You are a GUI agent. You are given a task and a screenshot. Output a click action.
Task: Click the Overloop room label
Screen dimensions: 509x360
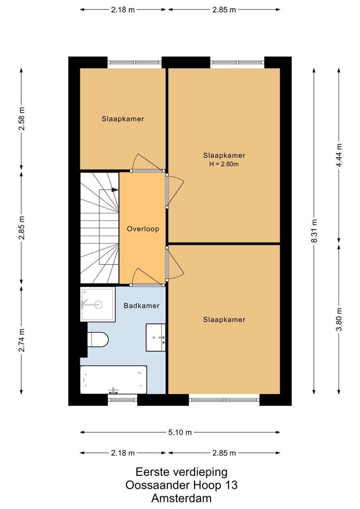[x=143, y=229]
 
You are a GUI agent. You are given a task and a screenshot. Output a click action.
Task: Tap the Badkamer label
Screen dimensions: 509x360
[x=141, y=305]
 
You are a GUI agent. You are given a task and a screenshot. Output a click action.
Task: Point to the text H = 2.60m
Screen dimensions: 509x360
[x=224, y=164]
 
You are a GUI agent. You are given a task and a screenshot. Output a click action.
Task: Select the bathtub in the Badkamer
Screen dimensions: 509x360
[x=113, y=379]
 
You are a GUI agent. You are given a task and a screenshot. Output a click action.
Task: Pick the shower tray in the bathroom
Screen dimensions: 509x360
[x=98, y=304]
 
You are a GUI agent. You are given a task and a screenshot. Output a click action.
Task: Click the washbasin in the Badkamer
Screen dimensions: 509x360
[x=156, y=337]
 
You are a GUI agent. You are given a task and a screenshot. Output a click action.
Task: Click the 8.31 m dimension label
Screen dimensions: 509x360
[x=314, y=231]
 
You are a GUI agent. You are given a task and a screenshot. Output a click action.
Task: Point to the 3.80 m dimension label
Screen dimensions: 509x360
[x=339, y=319]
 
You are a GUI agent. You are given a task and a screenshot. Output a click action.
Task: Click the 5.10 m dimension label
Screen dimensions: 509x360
[x=180, y=432]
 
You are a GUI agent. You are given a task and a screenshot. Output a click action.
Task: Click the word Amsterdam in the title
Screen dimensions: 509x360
[x=181, y=498]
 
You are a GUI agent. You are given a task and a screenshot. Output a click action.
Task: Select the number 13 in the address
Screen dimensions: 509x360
[x=230, y=484]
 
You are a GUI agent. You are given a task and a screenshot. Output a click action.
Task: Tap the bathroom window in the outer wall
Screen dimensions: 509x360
[x=123, y=400]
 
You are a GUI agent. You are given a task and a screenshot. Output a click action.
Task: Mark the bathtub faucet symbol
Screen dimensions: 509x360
[x=113, y=391]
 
